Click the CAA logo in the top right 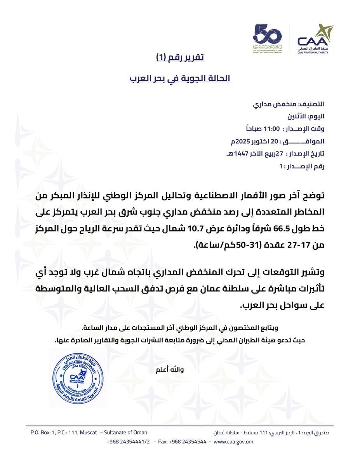tap(315, 39)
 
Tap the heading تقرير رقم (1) tap(180, 58)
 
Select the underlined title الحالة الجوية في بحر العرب tap(180, 78)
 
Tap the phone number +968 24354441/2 tap(128, 442)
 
